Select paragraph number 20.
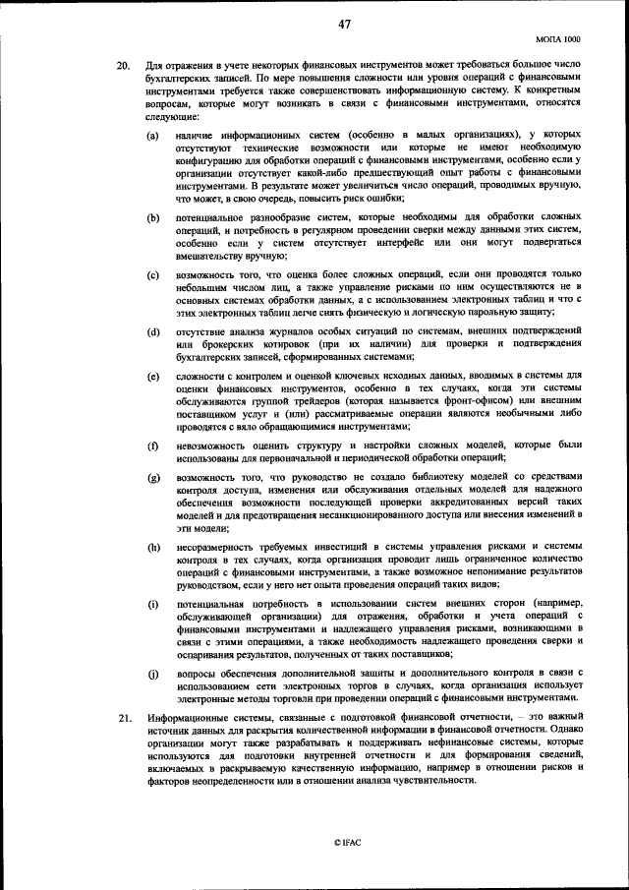[x=123, y=65]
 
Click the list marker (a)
[x=154, y=134]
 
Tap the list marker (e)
[x=154, y=378]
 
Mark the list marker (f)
[x=154, y=447]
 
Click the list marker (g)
[x=154, y=478]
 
